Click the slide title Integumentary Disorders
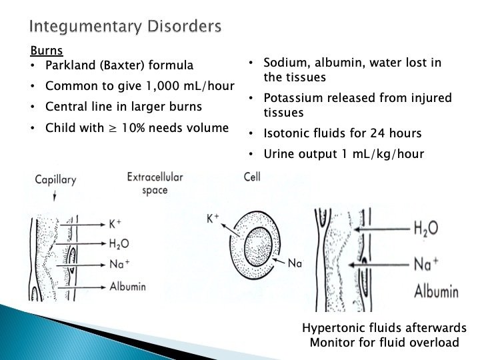coord(125,27)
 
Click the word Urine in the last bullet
coord(279,155)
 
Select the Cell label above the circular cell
coord(251,178)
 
